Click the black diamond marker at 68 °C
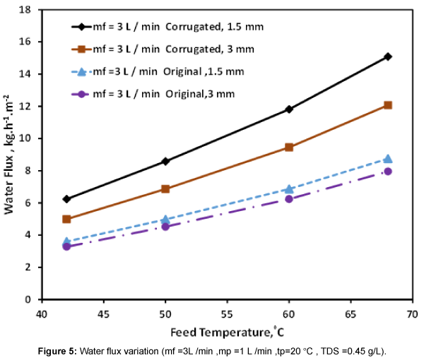[387, 56]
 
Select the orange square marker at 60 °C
[289, 148]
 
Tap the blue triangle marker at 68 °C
[387, 159]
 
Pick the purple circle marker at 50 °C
[165, 227]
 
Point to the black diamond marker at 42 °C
[66, 199]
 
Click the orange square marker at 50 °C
[165, 189]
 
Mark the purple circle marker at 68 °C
[387, 172]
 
